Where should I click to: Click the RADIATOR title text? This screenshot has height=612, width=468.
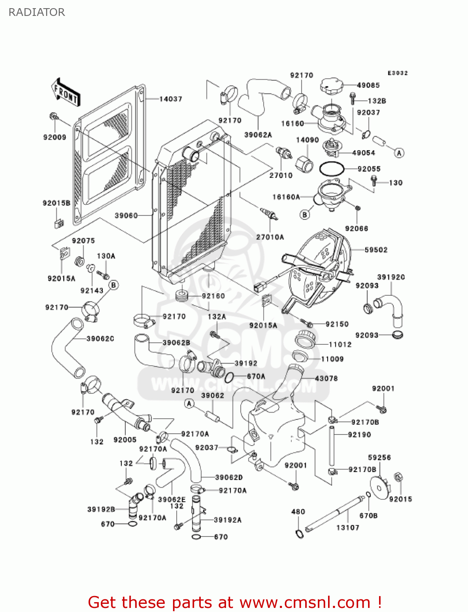coord(37,12)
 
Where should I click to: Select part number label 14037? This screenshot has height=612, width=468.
coord(171,99)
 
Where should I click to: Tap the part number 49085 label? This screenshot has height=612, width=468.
coord(368,85)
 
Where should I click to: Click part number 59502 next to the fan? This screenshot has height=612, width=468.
coord(376,250)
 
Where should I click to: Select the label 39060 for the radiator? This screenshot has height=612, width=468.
coord(126,215)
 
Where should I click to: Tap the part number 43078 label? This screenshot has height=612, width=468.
coord(326,379)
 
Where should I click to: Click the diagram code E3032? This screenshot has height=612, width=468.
coord(397,73)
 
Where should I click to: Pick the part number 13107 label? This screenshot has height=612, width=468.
coord(348,528)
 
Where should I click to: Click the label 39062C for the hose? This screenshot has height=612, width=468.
coord(100,339)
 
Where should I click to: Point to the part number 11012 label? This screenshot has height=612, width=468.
coord(340,344)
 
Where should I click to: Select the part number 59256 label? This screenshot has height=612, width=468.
coord(379,457)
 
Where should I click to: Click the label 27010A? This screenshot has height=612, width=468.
coord(270,237)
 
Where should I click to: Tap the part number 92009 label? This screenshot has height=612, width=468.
coord(55,137)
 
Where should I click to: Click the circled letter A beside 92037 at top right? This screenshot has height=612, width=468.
coord(399,153)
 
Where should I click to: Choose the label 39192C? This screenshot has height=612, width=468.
coord(391,277)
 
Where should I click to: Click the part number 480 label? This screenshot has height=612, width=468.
coord(298,512)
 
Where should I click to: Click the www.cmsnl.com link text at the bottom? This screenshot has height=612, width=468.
coord(305,603)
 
